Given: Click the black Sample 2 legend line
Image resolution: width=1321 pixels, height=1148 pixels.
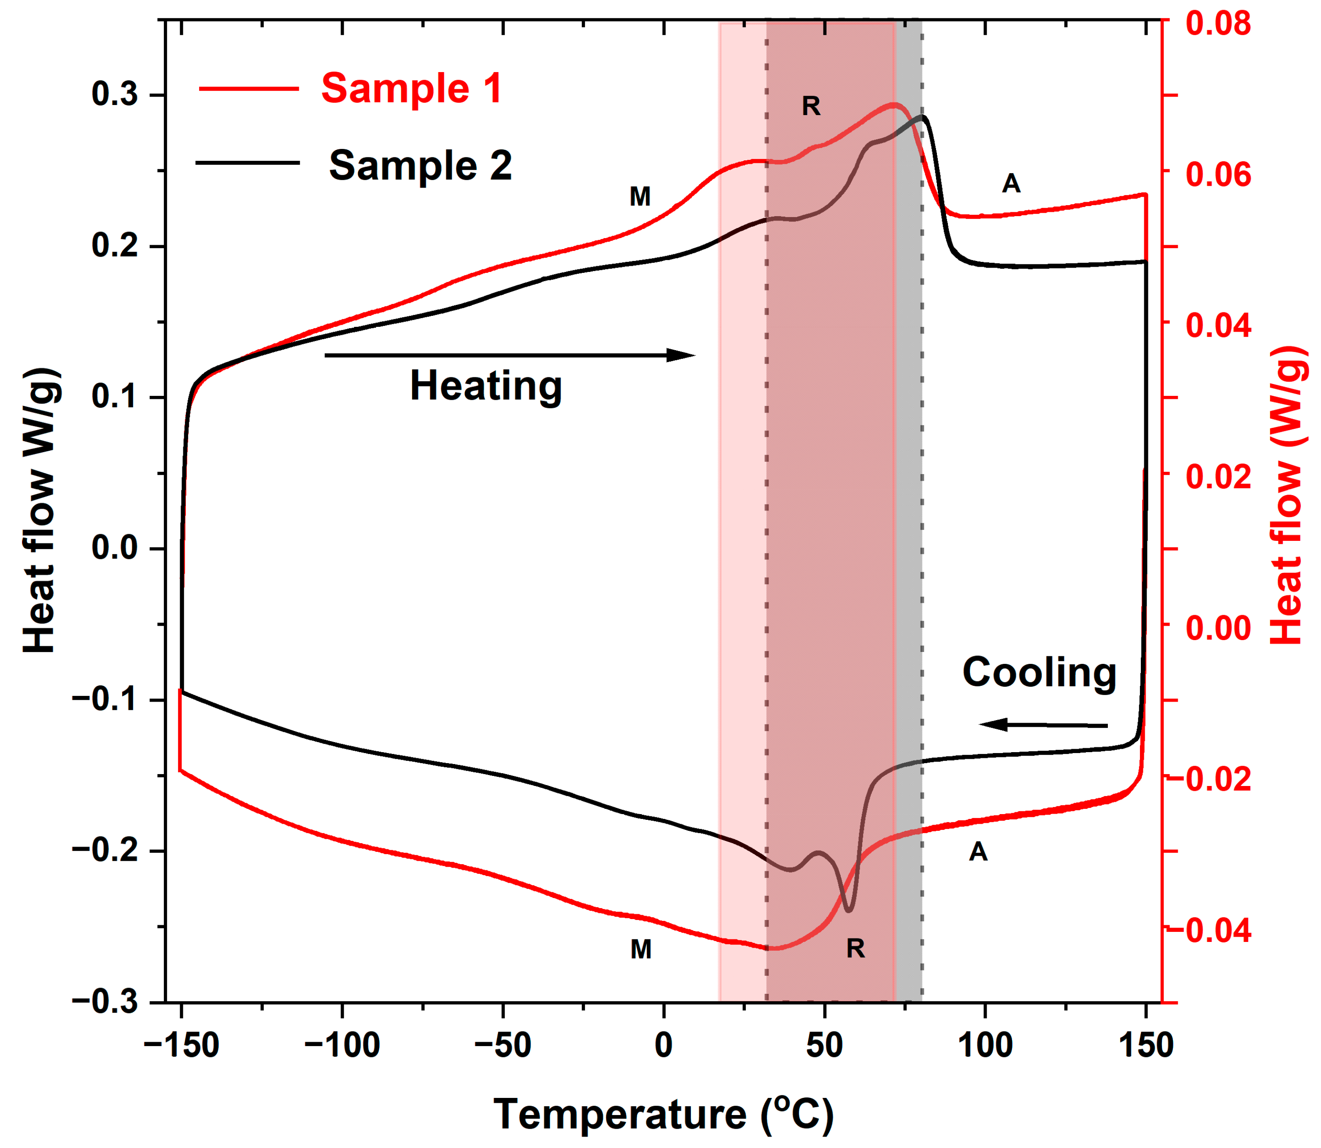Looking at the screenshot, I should [247, 163].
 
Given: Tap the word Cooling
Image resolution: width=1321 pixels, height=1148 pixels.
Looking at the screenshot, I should [1039, 672].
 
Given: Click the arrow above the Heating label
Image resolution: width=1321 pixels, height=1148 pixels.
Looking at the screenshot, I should [509, 355].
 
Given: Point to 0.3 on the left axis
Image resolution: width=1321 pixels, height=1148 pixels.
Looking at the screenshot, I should [115, 95].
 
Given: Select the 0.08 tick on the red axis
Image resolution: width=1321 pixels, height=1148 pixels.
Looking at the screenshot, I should [1218, 23].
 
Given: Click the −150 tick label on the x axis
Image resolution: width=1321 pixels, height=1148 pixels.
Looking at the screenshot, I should [182, 1046].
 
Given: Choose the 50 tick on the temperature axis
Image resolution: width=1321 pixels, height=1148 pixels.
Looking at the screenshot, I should [824, 1046].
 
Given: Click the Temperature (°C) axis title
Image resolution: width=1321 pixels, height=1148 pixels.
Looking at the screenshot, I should [664, 1114].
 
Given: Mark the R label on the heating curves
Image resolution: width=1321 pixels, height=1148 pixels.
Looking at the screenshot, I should [811, 106].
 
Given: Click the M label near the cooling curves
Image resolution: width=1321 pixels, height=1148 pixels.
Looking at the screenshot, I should [641, 949].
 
